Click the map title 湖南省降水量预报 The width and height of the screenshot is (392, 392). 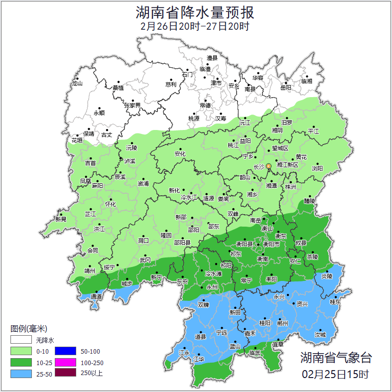(x=195, y=12)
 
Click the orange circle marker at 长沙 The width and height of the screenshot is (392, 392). (x=268, y=166)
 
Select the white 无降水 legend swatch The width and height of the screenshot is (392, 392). (x=21, y=340)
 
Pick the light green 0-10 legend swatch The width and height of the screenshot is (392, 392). (x=21, y=351)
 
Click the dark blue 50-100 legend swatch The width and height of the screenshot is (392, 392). (x=65, y=351)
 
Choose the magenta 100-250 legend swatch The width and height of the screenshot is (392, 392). (x=65, y=362)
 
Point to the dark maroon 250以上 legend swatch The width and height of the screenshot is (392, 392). (x=65, y=373)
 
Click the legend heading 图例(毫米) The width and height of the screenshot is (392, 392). (x=28, y=329)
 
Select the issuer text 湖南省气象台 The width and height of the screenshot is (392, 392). (x=336, y=357)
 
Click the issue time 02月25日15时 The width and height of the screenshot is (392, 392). (x=336, y=374)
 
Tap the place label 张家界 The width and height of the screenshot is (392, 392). (x=132, y=106)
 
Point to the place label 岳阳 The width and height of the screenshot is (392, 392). (x=285, y=88)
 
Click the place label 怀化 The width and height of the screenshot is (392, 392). (x=110, y=204)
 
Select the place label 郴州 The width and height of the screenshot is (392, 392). (x=282, y=323)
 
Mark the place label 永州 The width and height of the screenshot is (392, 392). (x=212, y=287)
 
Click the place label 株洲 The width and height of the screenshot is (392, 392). (x=290, y=187)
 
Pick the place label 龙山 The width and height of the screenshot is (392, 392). (x=77, y=84)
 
